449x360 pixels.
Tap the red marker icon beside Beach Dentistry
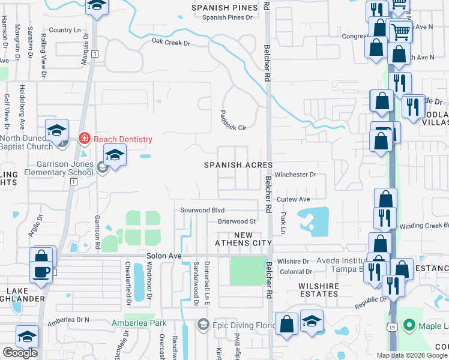85,139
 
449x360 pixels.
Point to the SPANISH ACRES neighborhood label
238,164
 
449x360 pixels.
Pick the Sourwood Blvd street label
202,210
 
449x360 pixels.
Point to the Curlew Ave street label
293,199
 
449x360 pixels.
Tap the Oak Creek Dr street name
170,42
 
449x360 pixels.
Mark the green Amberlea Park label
139,323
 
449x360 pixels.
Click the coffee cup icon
41,272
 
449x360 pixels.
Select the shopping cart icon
401,31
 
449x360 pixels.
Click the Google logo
20,353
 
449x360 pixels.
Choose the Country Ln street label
65,30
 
